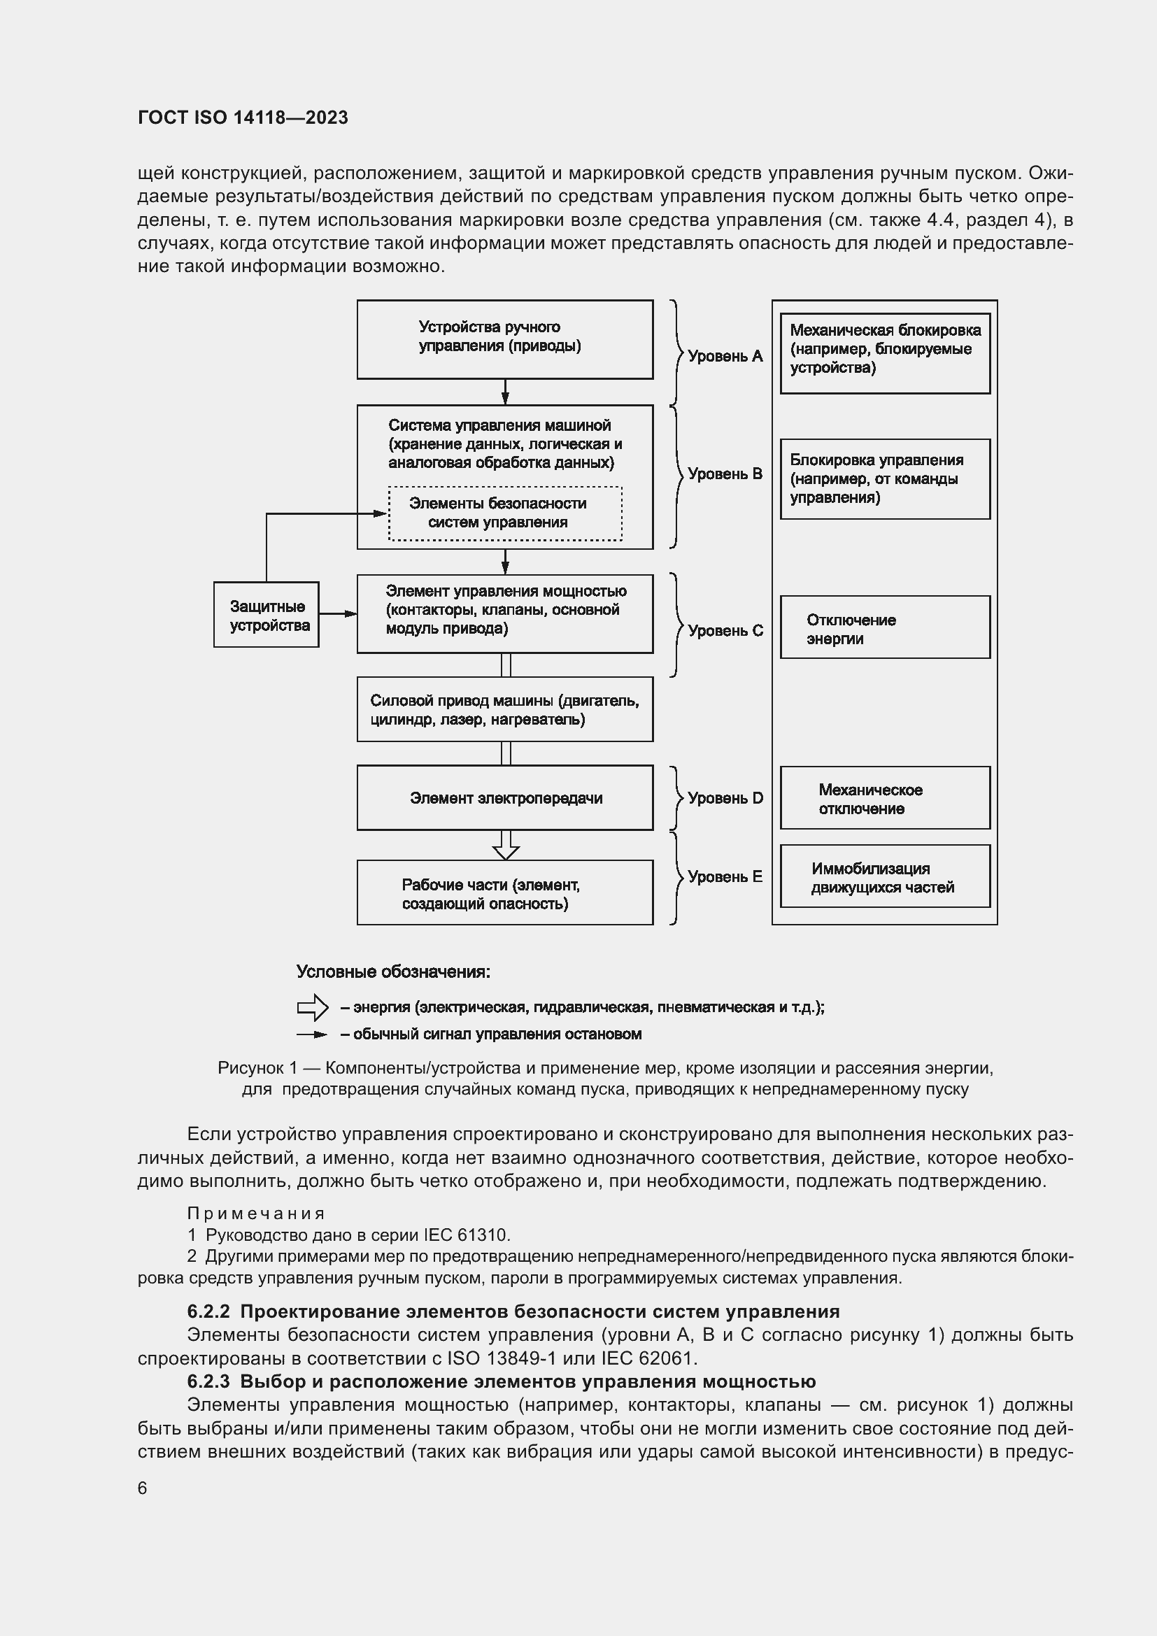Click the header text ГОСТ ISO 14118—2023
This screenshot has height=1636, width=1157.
(242, 118)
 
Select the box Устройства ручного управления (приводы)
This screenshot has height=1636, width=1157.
(504, 339)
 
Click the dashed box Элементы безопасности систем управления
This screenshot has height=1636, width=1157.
(504, 513)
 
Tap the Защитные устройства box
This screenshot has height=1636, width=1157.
(266, 615)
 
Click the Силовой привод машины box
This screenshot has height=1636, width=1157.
(504, 709)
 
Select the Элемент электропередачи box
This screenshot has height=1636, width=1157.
(504, 797)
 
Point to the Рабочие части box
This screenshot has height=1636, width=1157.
(504, 892)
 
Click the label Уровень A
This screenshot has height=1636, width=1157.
(725, 356)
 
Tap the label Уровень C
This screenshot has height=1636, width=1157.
(725, 631)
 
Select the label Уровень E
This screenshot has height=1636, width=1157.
(725, 877)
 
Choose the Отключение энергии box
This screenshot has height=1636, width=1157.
(885, 627)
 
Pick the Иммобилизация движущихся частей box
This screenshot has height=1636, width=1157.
(885, 876)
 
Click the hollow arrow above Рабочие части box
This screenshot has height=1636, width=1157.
(506, 846)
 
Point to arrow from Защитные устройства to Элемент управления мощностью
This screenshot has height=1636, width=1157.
(339, 613)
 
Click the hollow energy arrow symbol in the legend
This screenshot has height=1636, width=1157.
(312, 1007)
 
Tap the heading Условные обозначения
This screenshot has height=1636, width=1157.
(392, 972)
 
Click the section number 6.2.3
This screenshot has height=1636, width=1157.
(208, 1381)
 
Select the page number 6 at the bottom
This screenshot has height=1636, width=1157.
(143, 1488)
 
